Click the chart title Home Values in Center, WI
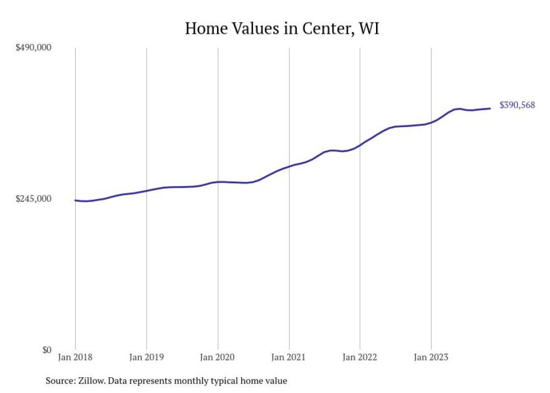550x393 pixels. (x=282, y=29)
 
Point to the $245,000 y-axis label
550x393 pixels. (x=34, y=199)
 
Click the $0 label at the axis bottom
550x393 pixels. (x=46, y=350)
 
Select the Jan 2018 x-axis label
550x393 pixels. (x=75, y=357)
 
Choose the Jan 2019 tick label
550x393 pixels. (x=146, y=357)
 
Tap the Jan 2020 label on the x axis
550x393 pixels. (x=218, y=357)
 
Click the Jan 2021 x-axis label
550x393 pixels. (x=289, y=357)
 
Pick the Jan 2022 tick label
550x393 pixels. (x=360, y=357)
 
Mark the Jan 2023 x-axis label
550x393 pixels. (x=431, y=357)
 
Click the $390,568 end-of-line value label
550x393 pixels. (x=517, y=105)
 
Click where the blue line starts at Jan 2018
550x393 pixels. (x=76, y=200)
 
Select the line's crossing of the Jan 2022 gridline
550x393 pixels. (x=360, y=144)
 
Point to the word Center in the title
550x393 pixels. (x=324, y=29)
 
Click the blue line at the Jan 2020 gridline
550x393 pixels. (x=218, y=182)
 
